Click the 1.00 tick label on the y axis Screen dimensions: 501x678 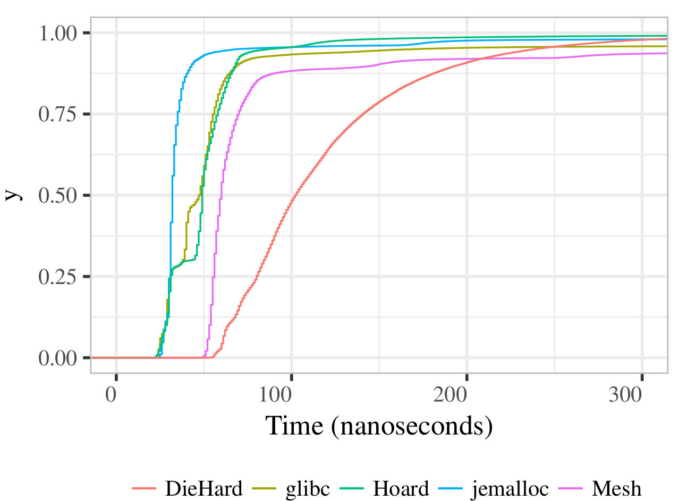coord(59,34)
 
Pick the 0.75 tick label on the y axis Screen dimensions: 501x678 coord(59,114)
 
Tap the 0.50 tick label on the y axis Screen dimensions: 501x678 coord(59,196)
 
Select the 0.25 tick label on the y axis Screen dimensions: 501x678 coord(59,277)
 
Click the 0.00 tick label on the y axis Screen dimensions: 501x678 coord(59,358)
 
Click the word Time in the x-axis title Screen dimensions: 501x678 coord(293,427)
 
